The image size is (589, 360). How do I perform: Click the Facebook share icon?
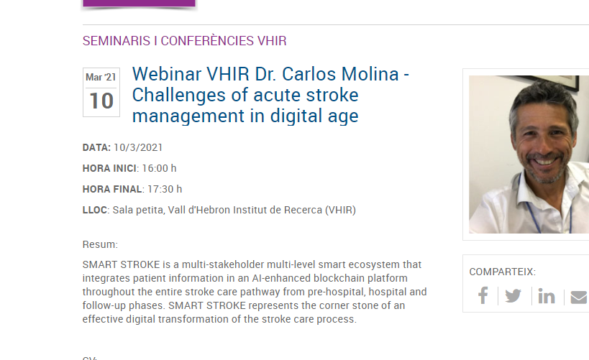pos(483,295)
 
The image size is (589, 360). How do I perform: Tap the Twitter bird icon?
pos(513,296)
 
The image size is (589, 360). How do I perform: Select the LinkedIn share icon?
pos(547,296)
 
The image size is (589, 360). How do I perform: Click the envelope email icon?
pos(580,297)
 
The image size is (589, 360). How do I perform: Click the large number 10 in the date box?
pos(101,101)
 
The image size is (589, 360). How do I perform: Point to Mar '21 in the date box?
pos(101,77)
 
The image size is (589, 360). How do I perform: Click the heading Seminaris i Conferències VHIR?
pos(184,40)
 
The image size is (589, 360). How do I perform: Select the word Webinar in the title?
pos(167,74)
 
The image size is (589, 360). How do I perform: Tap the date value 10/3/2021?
pos(138,147)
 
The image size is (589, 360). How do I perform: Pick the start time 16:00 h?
pos(159,168)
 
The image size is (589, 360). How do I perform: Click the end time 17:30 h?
pos(165,189)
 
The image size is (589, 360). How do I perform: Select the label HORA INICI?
pos(109,168)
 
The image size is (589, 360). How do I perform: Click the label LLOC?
pos(95,210)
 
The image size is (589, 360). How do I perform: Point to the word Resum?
pos(99,244)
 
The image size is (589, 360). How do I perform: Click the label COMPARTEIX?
pos(501,272)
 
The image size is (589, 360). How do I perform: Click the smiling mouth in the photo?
pos(544,161)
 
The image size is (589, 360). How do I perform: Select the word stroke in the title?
pos(332,95)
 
